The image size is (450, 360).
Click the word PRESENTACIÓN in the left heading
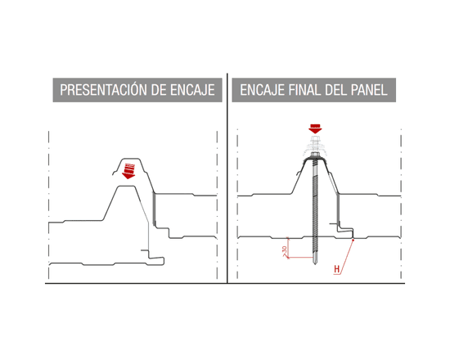[104, 90]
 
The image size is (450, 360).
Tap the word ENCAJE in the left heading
[192, 90]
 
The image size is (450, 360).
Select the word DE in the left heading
[160, 90]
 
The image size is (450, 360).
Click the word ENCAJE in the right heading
[262, 90]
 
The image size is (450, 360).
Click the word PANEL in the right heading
[369, 90]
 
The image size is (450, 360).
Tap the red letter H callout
[336, 269]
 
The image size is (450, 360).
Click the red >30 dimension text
[284, 251]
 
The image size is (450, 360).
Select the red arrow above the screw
[315, 128]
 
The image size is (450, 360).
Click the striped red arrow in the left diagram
[128, 171]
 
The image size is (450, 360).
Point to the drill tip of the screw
[315, 261]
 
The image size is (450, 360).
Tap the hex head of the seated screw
[315, 155]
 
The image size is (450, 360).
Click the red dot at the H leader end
[353, 240]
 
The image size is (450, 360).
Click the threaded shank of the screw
[315, 208]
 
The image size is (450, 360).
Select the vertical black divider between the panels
[227, 178]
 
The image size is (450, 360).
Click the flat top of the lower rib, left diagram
[126, 187]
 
